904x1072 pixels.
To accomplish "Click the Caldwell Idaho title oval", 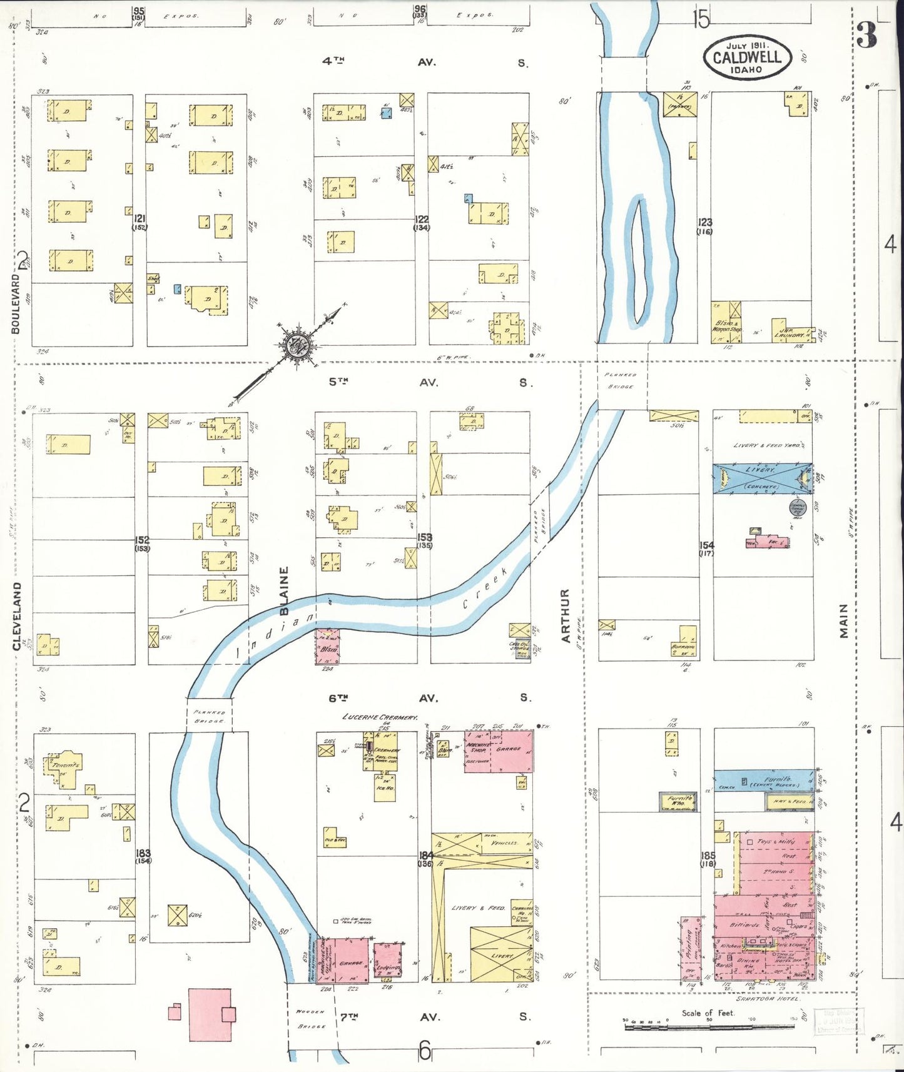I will pyautogui.click(x=747, y=57).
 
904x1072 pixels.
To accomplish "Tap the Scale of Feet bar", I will pyautogui.click(x=708, y=1027).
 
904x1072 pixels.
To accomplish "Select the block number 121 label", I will pyautogui.click(x=139, y=219).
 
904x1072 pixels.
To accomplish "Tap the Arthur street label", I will pyautogui.click(x=566, y=615).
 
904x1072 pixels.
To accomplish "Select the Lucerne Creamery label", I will pyautogui.click(x=380, y=717).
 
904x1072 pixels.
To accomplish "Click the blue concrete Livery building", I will pyautogui.click(x=761, y=478).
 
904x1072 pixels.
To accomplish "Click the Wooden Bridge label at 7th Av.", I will pyautogui.click(x=312, y=1019).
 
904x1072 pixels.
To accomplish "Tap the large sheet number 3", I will pyautogui.click(x=867, y=36).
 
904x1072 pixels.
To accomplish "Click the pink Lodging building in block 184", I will pyautogui.click(x=387, y=960).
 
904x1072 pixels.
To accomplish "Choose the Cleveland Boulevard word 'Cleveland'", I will pyautogui.click(x=17, y=616).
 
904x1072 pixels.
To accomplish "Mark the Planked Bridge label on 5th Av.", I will pyautogui.click(x=621, y=380).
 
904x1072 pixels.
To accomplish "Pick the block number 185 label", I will pyautogui.click(x=707, y=855).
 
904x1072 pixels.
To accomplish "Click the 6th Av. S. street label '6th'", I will pyautogui.click(x=338, y=698).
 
